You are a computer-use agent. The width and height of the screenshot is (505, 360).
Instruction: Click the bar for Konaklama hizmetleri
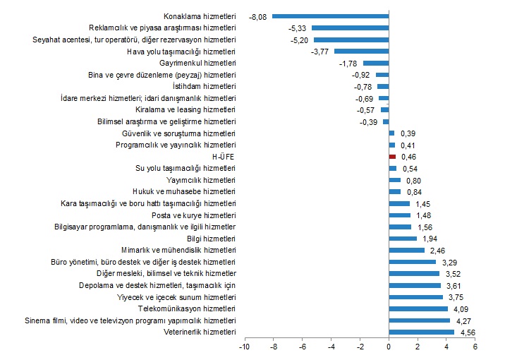tap(330, 16)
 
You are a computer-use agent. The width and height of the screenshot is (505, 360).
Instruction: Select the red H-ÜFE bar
tap(391, 157)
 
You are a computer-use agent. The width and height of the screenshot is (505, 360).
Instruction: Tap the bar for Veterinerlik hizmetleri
tap(421, 332)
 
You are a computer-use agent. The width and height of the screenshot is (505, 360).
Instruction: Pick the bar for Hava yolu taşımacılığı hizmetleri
tap(361, 51)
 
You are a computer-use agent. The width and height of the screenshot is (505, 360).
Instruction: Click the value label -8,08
tap(257, 16)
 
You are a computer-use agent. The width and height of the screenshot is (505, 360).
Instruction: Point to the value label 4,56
tap(468, 332)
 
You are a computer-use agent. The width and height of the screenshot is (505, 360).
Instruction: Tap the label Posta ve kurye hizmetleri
tap(194, 215)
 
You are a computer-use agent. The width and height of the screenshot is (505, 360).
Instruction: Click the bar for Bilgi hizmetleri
tap(402, 239)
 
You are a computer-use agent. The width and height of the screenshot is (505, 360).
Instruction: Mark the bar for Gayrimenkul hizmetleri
tap(375, 63)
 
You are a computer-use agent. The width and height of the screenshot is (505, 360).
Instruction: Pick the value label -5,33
tap(297, 28)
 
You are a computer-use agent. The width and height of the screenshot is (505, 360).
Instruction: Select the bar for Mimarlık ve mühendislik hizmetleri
tap(406, 250)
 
